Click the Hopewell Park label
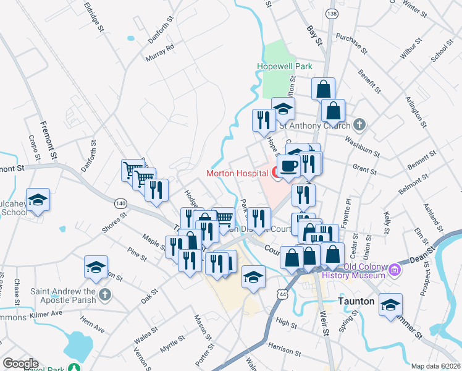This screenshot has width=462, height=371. (x=285, y=66)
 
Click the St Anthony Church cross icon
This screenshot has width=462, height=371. (x=361, y=125)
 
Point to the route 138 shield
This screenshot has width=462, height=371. (x=333, y=14)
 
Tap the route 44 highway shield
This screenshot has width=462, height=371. (x=283, y=296)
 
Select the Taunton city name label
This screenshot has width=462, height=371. (x=357, y=301)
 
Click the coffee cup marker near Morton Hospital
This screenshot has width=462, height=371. (x=288, y=165)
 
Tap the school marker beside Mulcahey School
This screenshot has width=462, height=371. (x=38, y=199)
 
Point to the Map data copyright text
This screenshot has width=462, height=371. (x=436, y=366)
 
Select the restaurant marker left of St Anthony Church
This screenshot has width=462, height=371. (x=264, y=119)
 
